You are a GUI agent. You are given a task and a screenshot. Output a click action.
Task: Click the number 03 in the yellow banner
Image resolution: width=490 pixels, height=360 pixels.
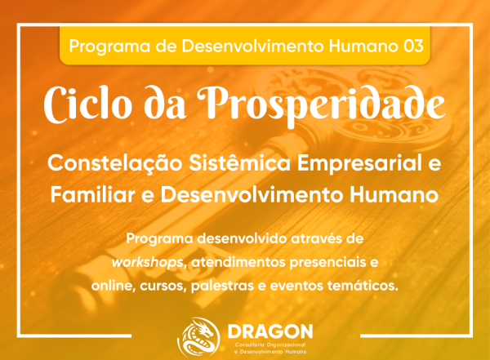coord(413,46)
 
